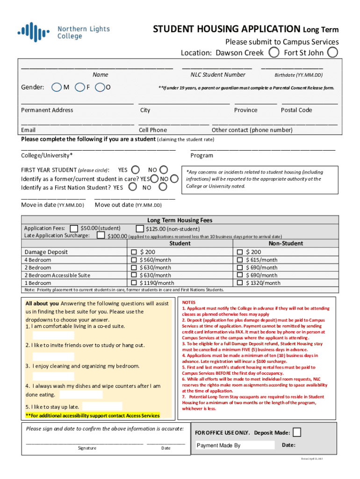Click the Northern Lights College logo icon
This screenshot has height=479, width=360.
(34, 32)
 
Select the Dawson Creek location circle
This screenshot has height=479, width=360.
(275, 52)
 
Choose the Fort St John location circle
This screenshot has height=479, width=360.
(332, 52)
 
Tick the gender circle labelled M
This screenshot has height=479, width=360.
(57, 87)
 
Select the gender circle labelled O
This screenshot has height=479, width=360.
(99, 87)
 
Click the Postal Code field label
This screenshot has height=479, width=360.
(296, 110)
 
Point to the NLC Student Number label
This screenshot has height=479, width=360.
(217, 74)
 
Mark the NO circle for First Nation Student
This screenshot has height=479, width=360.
(163, 187)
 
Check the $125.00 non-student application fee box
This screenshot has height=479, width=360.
(140, 229)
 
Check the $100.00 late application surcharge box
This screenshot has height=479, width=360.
(101, 235)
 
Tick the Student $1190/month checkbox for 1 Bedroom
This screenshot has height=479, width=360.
(134, 283)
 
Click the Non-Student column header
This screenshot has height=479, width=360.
(286, 243)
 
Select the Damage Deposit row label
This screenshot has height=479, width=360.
(46, 252)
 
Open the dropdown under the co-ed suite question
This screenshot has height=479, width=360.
(53, 335)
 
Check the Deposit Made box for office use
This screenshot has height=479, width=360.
(296, 432)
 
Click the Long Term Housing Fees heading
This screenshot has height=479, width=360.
(180, 220)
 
